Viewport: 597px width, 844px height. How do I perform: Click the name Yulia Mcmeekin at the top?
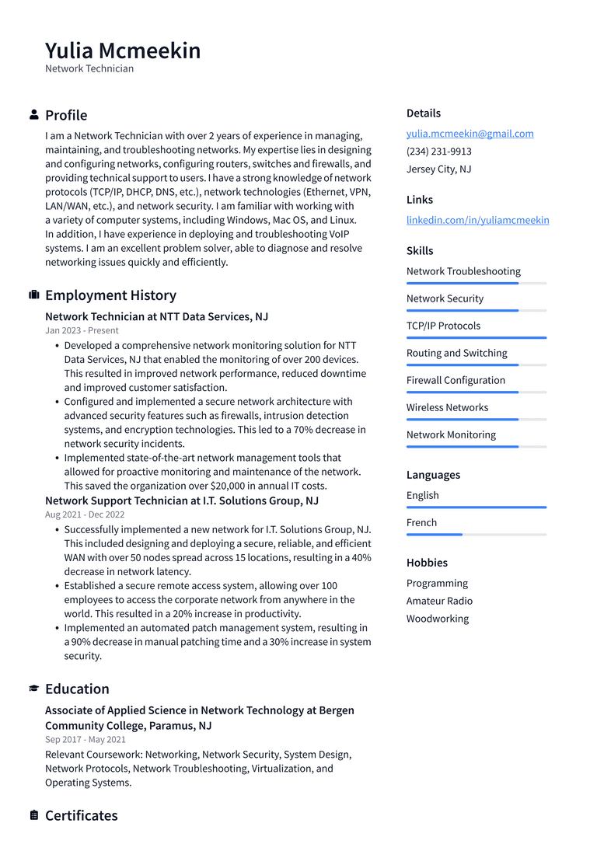(x=123, y=51)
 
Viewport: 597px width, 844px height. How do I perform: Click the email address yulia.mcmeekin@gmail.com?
(x=470, y=134)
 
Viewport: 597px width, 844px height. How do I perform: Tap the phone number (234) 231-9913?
(x=438, y=152)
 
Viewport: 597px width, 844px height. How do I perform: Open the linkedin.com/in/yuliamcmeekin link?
(x=477, y=220)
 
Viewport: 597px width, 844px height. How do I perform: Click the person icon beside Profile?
(x=34, y=115)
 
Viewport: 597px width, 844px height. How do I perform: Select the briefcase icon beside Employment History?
(x=34, y=295)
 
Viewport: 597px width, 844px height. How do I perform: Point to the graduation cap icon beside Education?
(x=34, y=689)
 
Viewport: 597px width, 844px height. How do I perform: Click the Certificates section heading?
(x=81, y=815)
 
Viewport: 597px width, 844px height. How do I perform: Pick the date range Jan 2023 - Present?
(x=82, y=330)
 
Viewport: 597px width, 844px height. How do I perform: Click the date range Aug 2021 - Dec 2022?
(x=85, y=514)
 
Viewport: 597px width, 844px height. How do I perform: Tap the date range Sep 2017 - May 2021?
(x=85, y=740)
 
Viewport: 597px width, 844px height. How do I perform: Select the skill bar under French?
(x=476, y=535)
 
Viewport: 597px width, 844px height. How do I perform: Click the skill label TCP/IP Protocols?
(x=443, y=326)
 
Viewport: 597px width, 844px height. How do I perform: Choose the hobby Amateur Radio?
(x=439, y=601)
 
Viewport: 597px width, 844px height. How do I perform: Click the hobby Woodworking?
(x=437, y=619)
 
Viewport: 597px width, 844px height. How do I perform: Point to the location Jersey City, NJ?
(x=438, y=169)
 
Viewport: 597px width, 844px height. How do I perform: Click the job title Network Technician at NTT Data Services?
(x=156, y=317)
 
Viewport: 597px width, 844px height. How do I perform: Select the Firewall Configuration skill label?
(x=456, y=380)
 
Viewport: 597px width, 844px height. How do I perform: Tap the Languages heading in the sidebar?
(x=433, y=475)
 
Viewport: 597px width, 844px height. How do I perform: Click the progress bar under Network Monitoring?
(x=476, y=447)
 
